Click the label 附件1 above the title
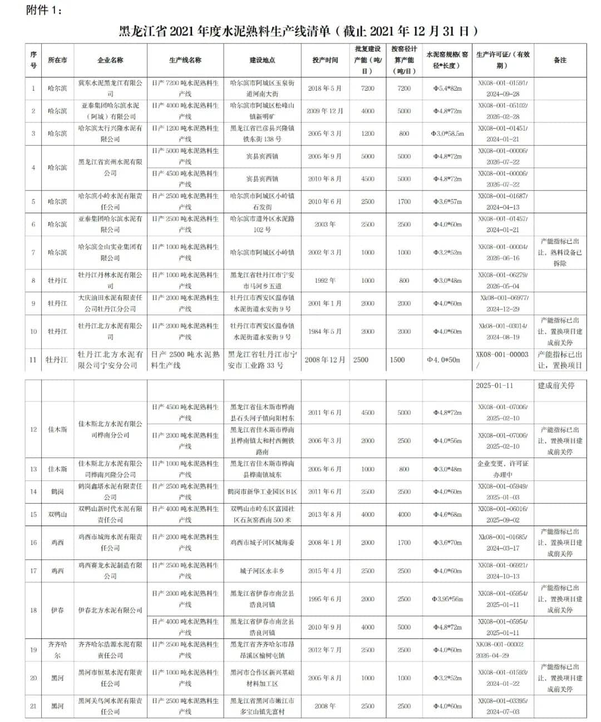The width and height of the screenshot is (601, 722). (x=44, y=10)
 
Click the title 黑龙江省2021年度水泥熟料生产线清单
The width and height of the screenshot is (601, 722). (x=298, y=31)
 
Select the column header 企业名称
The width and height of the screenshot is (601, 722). (x=110, y=60)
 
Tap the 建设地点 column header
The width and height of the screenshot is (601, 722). (x=262, y=60)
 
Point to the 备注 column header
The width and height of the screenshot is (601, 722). (x=560, y=60)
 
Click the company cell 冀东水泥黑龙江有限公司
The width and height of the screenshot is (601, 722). (x=110, y=88)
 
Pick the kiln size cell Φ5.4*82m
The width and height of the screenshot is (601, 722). (x=447, y=89)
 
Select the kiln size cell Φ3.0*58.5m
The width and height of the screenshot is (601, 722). (x=447, y=134)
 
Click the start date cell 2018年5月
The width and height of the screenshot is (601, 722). (x=325, y=89)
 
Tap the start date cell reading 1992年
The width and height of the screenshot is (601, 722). (x=325, y=281)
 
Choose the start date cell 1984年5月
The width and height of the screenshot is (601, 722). (x=325, y=331)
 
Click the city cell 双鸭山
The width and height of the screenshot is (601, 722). (x=57, y=514)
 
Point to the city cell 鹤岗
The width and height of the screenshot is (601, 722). (x=57, y=492)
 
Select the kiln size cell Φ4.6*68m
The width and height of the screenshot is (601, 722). (x=447, y=514)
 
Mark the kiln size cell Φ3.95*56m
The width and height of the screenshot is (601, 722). (x=447, y=599)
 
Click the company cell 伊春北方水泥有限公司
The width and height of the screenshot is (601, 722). (x=110, y=610)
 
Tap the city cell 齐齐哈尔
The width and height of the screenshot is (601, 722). (x=57, y=650)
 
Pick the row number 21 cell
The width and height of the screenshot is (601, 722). (x=33, y=706)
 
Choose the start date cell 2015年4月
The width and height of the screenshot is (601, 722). (x=325, y=571)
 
